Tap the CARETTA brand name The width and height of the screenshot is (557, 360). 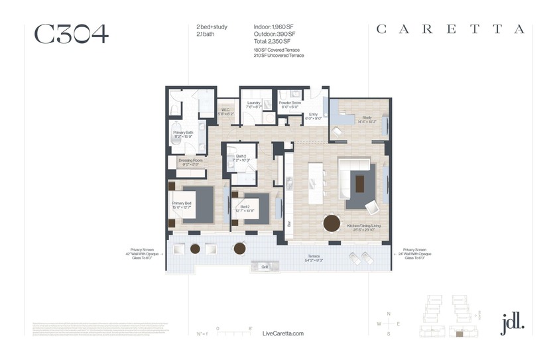pyautogui.click(x=450, y=29)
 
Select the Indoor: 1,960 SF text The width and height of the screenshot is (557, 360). pyautogui.click(x=275, y=27)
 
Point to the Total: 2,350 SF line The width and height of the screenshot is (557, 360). pyautogui.click(x=274, y=41)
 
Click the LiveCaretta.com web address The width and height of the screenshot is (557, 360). pyautogui.click(x=283, y=333)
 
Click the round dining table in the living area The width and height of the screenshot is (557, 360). pyautogui.click(x=332, y=223)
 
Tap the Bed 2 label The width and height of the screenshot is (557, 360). pyautogui.click(x=245, y=207)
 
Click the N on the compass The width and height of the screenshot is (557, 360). pyautogui.click(x=389, y=313)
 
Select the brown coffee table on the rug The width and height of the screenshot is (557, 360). pyautogui.click(x=360, y=182)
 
